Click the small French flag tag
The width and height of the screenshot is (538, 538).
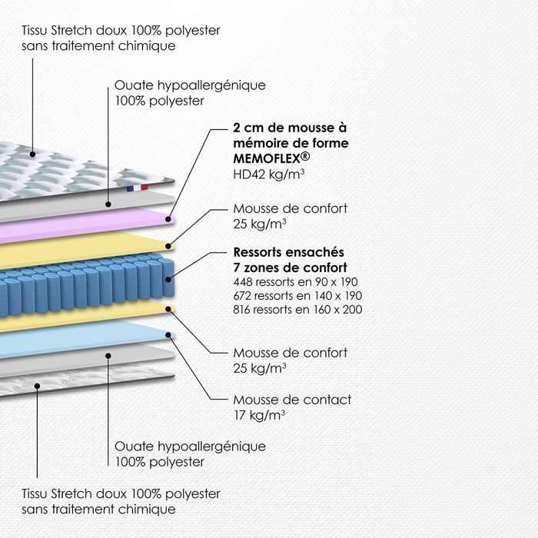138,188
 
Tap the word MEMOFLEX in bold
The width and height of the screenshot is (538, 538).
267,158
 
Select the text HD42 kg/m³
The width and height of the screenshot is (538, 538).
269,174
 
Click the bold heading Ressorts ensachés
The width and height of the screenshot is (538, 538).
288,252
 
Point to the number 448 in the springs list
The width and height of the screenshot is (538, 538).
243,282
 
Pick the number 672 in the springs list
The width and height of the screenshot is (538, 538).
242,296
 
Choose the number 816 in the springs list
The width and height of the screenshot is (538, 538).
242,310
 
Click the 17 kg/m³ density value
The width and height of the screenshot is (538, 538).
260,415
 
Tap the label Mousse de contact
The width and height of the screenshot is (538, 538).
292,400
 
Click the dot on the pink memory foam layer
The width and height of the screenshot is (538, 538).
168,219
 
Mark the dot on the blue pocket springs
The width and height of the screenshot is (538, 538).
168,280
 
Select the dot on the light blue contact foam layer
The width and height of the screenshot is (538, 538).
168,335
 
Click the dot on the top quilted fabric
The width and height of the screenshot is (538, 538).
32,154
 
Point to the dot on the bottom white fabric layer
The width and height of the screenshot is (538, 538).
37,387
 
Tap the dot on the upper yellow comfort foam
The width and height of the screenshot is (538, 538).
168,246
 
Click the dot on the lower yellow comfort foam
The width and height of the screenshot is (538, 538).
168,309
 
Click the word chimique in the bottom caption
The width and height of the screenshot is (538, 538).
147,509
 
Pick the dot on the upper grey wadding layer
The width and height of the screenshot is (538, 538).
108,204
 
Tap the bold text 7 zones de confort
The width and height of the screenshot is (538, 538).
291,267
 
